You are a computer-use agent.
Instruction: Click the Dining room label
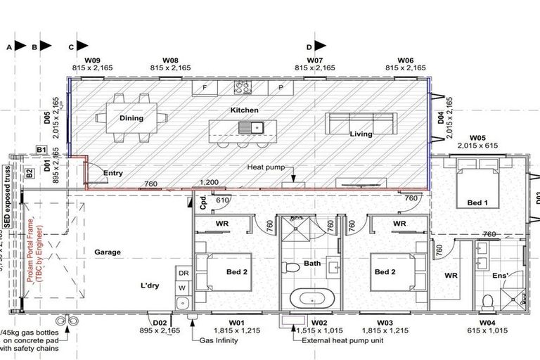[131, 118]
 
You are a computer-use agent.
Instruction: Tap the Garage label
[108, 252]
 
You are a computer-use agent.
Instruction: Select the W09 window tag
[93, 61]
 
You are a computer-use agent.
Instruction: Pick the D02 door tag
[160, 323]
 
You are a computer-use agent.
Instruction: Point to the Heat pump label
[264, 168]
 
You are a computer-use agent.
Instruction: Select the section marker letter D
[309, 46]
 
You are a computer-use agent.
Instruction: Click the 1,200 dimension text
[210, 183]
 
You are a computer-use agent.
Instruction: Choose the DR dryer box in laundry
[183, 273]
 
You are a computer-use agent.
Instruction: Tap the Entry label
[113, 172]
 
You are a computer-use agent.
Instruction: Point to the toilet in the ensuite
[487, 302]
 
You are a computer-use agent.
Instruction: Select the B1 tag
[41, 150]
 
